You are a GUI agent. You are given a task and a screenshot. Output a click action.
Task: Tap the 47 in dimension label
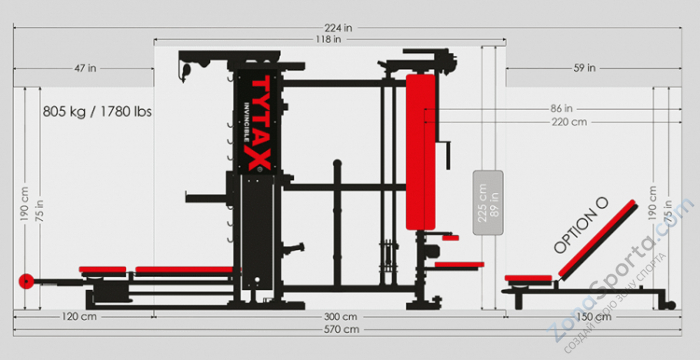coord(85,68)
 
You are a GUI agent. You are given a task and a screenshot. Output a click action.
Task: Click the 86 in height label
coord(561,108)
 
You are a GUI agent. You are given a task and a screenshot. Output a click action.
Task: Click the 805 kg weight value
coord(65,112)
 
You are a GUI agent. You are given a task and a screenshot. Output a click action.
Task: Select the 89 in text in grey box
coord(494,203)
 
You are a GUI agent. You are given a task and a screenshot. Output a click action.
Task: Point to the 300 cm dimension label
coord(339,316)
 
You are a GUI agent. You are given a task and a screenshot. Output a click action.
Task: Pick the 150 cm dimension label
coord(594,316)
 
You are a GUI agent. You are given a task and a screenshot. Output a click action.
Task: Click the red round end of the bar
coord(24,281)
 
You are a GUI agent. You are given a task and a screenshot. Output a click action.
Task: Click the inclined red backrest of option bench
coord(598,240)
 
